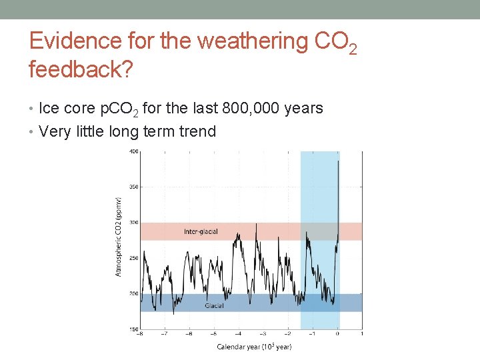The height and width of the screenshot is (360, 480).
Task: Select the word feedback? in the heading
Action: (79, 69)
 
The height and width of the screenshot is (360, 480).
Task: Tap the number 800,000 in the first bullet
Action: (233, 108)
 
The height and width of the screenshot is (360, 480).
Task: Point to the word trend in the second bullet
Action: (198, 131)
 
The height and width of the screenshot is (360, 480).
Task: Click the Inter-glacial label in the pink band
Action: (201, 231)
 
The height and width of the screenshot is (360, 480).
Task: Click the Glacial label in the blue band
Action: (214, 305)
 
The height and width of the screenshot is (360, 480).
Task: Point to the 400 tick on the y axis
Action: (134, 151)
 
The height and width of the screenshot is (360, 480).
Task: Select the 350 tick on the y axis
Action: (134, 187)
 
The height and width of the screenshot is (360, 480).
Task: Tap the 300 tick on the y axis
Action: (134, 223)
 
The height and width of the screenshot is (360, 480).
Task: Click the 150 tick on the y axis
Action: (134, 329)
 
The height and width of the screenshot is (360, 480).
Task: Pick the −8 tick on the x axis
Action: (139, 334)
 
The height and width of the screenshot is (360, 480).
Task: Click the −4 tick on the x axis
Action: (237, 334)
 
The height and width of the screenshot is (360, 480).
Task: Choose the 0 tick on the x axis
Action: (337, 334)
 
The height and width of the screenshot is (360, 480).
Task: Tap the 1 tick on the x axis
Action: (362, 334)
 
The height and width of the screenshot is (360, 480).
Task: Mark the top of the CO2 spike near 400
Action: (339, 161)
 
